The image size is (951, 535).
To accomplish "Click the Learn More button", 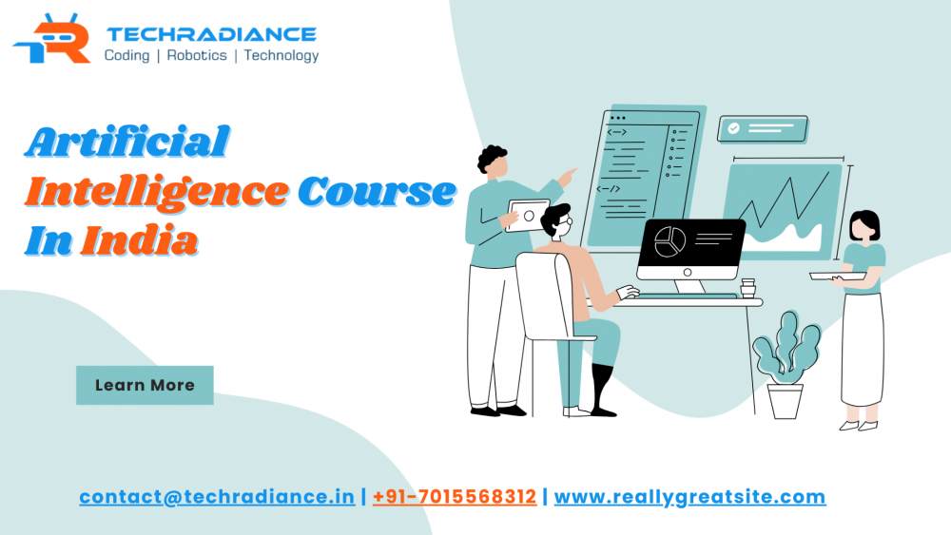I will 145,385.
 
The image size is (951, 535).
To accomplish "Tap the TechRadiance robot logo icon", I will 52,40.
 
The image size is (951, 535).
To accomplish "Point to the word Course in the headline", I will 377,192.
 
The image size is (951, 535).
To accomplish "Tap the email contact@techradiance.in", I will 217,497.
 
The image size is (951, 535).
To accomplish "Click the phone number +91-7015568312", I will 455,497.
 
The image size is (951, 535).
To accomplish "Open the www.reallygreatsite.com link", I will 689,497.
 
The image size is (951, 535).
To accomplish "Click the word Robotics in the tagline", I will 197,55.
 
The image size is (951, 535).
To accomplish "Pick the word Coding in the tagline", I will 126,55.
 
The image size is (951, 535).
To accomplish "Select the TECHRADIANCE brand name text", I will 210,33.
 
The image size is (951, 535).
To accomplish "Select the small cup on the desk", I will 747,287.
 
